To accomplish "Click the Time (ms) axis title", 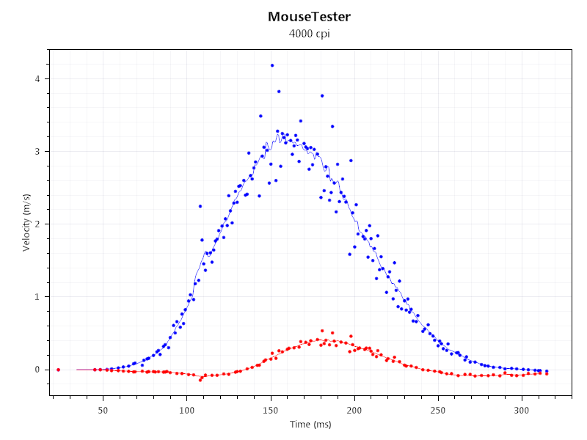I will click(311, 425).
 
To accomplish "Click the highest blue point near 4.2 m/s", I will click(272, 65).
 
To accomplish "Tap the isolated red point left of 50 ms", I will click(58, 370).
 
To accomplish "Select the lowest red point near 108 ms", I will click(200, 380).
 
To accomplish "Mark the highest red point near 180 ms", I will click(322, 331).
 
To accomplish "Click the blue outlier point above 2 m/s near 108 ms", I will click(200, 206).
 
